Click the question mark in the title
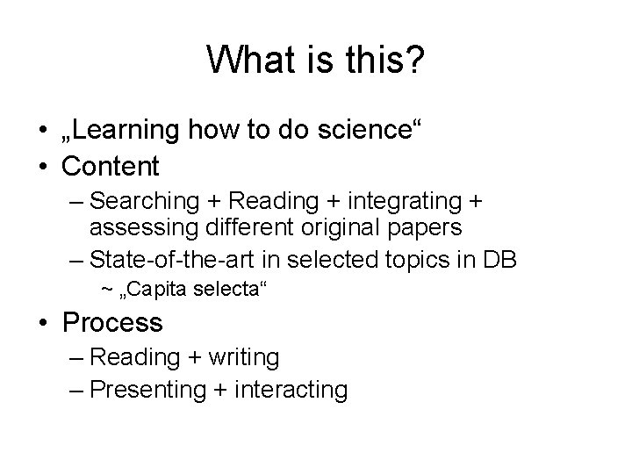[x=414, y=61]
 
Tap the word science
[x=360, y=131]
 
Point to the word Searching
[x=146, y=201]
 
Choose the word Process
[x=112, y=322]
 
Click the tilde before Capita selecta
[x=106, y=289]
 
